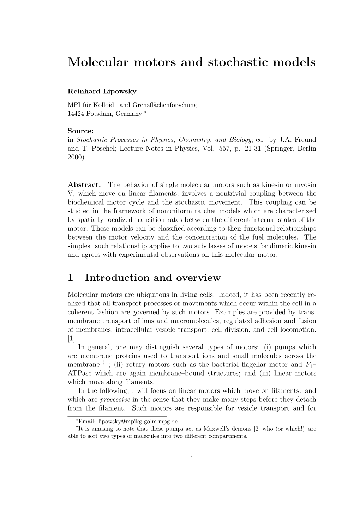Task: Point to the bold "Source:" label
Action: [x=80, y=131]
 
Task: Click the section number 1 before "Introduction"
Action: [x=70, y=278]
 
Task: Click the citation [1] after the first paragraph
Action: [x=71, y=338]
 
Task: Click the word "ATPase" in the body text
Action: [x=78, y=373]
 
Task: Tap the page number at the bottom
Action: [x=192, y=459]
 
